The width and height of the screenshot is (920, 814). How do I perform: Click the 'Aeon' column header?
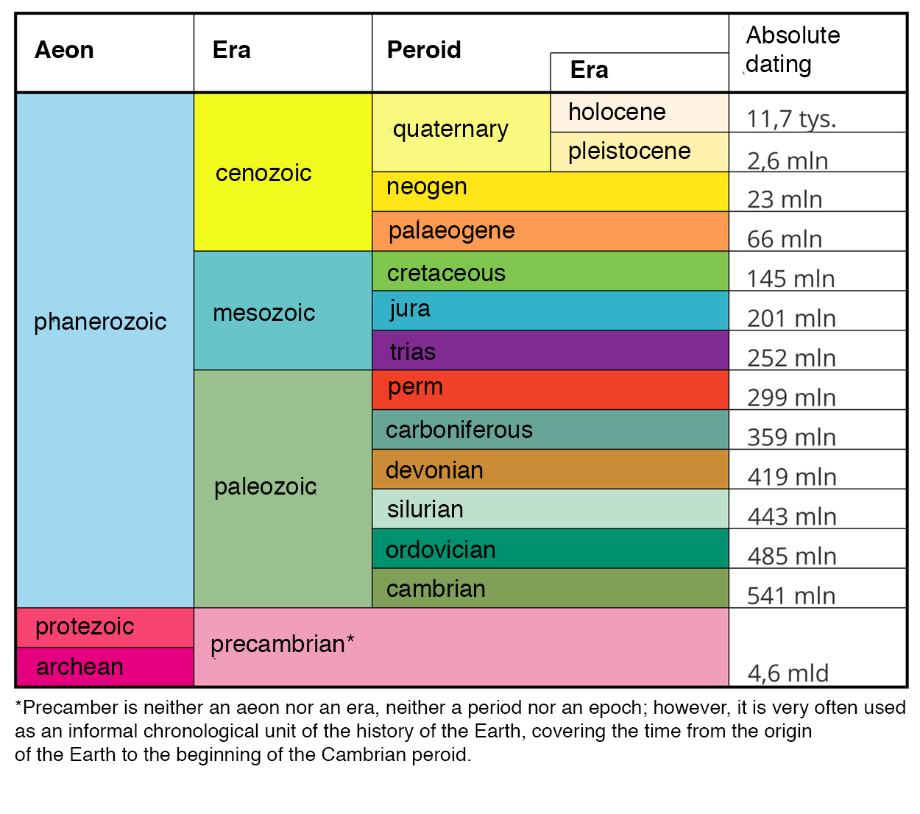(65, 50)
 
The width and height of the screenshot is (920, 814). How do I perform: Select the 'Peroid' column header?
(424, 50)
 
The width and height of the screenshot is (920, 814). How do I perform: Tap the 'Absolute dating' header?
(792, 50)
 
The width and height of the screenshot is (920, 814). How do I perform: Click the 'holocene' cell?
(617, 112)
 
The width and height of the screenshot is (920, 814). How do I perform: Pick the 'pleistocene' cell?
(629, 151)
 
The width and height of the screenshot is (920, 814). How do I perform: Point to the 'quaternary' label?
(450, 130)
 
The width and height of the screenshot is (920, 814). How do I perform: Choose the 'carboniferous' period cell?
(459, 430)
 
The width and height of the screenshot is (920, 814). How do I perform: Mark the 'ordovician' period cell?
(441, 550)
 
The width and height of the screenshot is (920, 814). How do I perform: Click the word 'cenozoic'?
(263, 173)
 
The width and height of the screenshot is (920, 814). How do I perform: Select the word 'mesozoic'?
(263, 313)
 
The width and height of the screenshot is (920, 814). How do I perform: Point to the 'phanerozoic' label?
(100, 322)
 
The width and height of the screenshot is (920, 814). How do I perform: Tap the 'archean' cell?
(79, 667)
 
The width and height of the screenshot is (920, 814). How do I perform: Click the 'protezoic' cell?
(85, 626)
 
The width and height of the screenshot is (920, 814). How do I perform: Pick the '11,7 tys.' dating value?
(791, 118)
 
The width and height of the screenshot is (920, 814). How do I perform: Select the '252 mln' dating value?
(791, 358)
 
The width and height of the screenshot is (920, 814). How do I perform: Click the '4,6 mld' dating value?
(788, 673)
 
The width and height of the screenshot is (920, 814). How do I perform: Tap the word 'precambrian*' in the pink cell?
(283, 644)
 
